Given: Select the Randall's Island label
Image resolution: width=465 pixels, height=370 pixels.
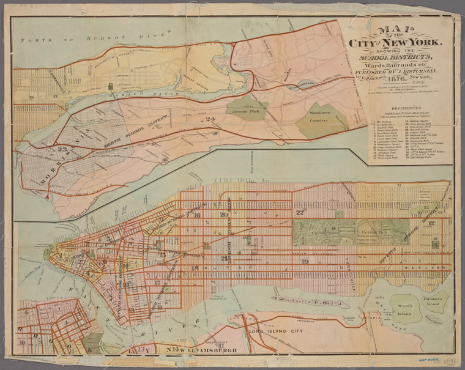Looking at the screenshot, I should click(437, 298).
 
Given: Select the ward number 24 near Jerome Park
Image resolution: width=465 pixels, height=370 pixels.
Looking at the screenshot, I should click(212, 119).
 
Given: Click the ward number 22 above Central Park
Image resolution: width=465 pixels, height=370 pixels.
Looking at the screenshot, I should click(300, 212).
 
